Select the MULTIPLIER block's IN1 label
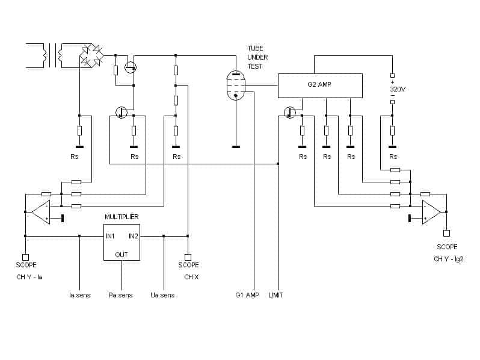tap(110, 236)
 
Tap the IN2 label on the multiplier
tap(134, 236)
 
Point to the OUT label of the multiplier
tap(122, 255)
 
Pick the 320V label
tap(398, 89)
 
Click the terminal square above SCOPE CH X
tap(188, 257)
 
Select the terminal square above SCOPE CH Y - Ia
tap(25, 257)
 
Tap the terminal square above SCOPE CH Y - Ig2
tap(447, 233)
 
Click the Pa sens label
tap(121, 295)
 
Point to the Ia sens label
tap(79, 295)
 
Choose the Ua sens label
tap(162, 295)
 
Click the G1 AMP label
tap(247, 295)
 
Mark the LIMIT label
tap(275, 295)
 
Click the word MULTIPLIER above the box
tap(122, 217)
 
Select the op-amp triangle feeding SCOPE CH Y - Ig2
tap(431, 212)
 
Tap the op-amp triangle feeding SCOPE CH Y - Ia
tap(40, 212)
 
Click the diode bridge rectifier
tap(91, 55)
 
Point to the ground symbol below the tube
tap(236, 147)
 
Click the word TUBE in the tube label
tap(255, 48)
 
